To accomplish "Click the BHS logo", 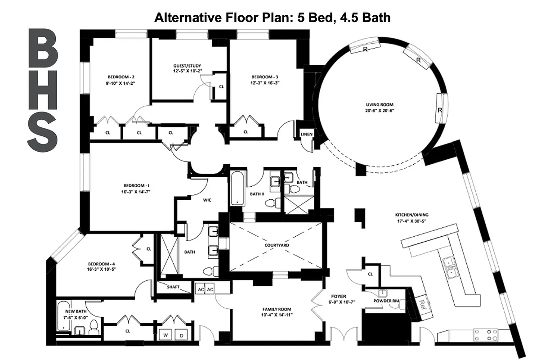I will (43, 90).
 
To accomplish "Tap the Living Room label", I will (379, 105).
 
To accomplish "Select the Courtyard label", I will (277, 245).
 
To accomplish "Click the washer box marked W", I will (165, 335).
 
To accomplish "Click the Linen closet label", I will (307, 134).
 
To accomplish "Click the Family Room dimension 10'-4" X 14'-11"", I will (277, 315).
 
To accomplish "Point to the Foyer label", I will (339, 296).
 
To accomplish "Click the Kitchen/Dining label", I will (405, 215).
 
